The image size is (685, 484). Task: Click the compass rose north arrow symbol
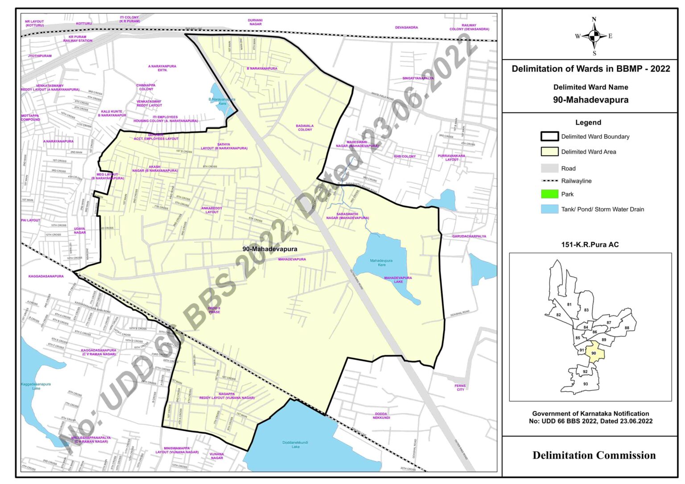click(x=594, y=36)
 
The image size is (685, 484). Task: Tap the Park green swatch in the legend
click(x=549, y=194)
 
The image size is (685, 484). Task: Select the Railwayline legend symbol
click(x=549, y=181)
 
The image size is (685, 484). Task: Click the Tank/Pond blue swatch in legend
click(x=549, y=209)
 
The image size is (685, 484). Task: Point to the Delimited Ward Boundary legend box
click(x=549, y=136)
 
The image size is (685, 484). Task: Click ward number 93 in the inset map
click(x=585, y=384)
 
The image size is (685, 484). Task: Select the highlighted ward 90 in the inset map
click(x=594, y=353)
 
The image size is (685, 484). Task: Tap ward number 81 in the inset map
click(x=569, y=304)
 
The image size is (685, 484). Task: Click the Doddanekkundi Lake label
click(x=295, y=444)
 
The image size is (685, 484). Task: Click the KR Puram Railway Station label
click(x=78, y=39)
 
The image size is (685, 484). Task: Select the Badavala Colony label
click(x=305, y=127)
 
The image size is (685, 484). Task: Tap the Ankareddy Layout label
click(x=212, y=210)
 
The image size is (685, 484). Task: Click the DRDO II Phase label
click(x=214, y=310)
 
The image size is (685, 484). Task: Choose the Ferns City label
click(x=460, y=388)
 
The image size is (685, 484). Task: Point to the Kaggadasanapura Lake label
click(x=36, y=386)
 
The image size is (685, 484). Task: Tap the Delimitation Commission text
click(x=594, y=455)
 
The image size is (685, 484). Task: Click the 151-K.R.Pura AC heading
click(x=590, y=244)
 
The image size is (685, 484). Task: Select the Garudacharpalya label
click(x=469, y=236)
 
